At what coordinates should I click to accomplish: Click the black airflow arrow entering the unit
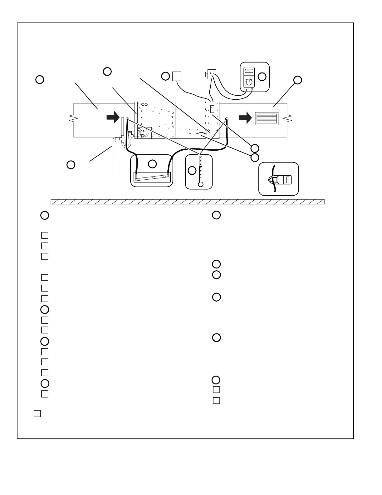pos(113,117)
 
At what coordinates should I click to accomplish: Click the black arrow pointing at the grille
pos(245,118)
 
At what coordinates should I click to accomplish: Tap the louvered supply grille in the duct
pos(267,118)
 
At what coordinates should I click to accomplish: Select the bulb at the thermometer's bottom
pos(201,184)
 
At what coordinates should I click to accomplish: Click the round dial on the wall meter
pos(249,82)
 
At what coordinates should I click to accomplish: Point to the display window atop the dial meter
pos(249,71)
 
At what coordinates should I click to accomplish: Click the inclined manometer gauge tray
pos(151,177)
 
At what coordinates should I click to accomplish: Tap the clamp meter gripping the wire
pos(284,179)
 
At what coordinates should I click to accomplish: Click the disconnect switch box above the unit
pos(212,74)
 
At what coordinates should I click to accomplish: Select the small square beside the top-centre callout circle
pos(177,76)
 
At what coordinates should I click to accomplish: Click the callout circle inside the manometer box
pos(152,164)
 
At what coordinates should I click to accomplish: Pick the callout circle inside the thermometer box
pos(192,170)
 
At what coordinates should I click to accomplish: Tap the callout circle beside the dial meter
pos(262,77)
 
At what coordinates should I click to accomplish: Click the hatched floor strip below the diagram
pos(187,202)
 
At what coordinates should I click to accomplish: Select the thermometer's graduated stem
pos(201,169)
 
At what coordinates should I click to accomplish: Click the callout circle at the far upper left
pos(40,79)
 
